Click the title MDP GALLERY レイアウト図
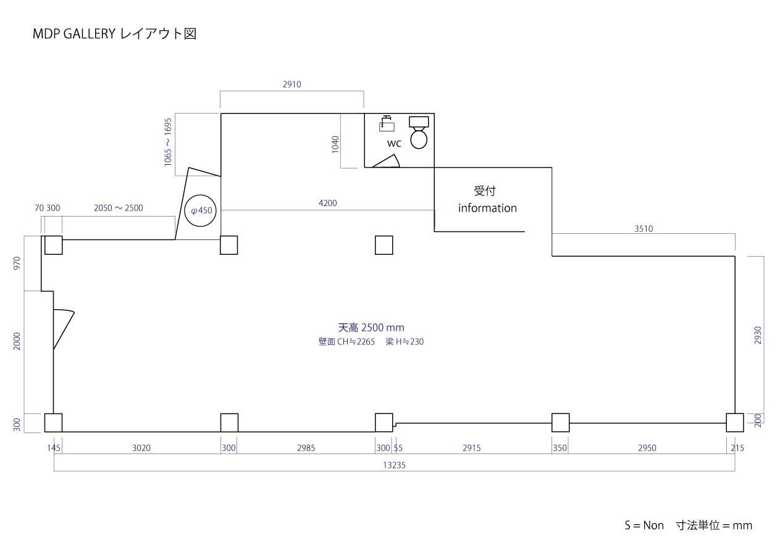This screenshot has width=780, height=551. click(114, 34)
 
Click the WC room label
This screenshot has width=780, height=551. click(394, 143)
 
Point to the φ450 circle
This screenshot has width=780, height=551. click(201, 210)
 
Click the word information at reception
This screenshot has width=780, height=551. click(487, 208)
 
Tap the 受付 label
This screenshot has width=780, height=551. click(485, 191)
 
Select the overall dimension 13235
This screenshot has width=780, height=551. click(394, 465)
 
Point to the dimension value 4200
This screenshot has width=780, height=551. click(328, 203)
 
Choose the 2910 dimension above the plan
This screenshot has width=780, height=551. click(292, 85)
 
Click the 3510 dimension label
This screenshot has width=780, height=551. click(644, 228)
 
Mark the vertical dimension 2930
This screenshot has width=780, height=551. click(758, 335)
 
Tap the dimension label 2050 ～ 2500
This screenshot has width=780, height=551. click(118, 208)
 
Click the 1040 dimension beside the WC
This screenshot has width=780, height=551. click(335, 144)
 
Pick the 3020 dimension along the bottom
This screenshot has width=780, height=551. click(141, 448)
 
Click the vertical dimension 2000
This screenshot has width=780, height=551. click(17, 341)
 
